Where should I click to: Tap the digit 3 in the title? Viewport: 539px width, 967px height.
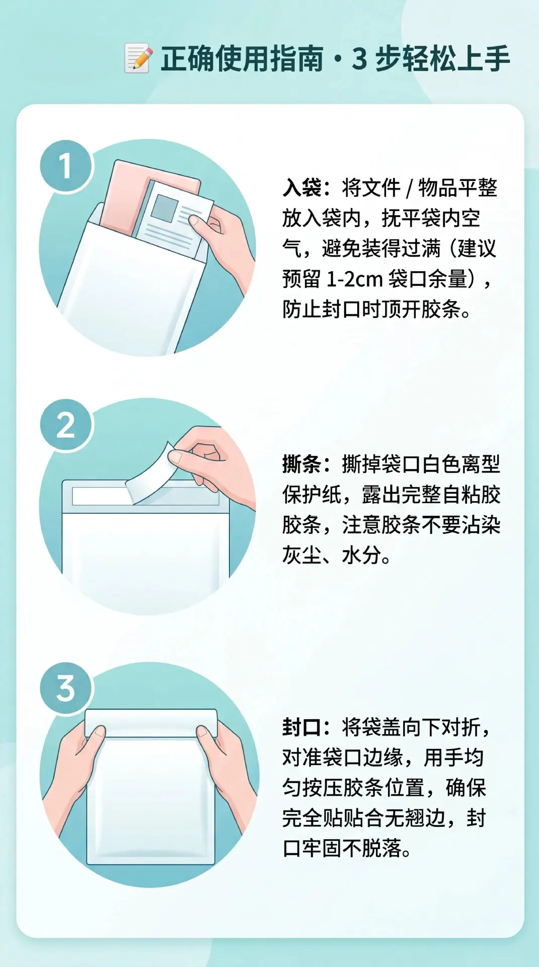click(x=359, y=59)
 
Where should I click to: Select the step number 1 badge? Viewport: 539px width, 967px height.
click(x=66, y=166)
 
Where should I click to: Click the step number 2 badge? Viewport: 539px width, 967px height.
click(x=66, y=425)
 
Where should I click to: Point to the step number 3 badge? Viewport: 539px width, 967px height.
click(x=66, y=688)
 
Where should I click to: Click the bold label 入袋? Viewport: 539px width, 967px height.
click(x=301, y=188)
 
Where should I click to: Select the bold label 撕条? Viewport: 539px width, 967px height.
click(x=301, y=464)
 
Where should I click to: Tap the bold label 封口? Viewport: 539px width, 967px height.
click(x=301, y=727)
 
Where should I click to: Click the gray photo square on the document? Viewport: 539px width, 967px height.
click(x=165, y=207)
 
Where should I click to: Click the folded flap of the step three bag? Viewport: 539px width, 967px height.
click(x=151, y=724)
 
